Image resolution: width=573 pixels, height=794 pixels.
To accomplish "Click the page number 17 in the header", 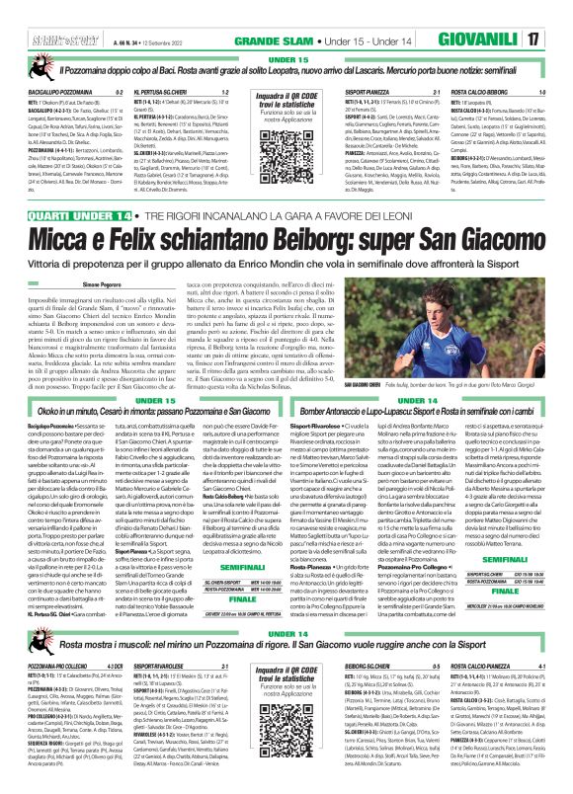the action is (559, 13).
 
